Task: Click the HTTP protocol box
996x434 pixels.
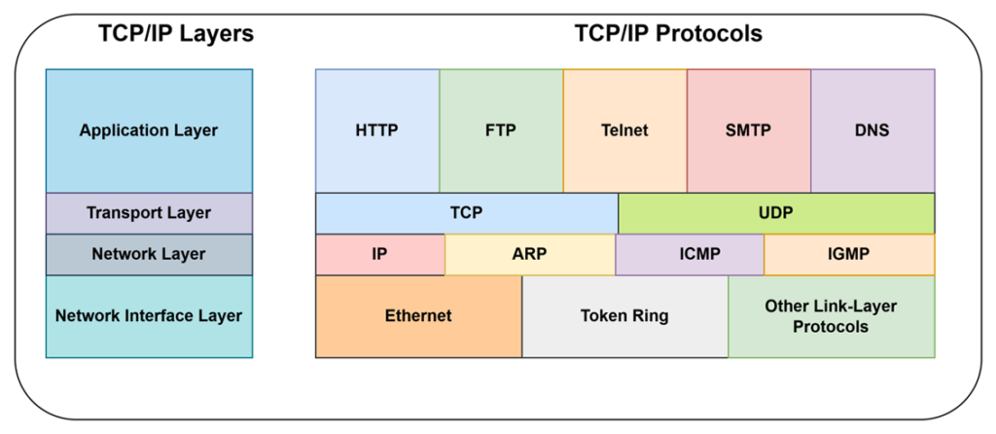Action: click(x=377, y=131)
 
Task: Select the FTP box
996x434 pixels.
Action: click(x=501, y=131)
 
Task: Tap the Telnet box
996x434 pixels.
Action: click(x=625, y=131)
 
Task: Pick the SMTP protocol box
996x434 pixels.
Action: click(x=749, y=131)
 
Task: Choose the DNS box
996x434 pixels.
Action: click(x=872, y=131)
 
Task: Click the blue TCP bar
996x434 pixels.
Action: click(x=467, y=213)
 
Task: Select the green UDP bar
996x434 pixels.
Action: click(x=776, y=213)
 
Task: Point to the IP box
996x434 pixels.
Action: click(x=380, y=254)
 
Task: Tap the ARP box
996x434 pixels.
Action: click(x=530, y=254)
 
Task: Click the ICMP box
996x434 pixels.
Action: click(x=690, y=254)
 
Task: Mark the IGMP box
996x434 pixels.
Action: click(x=849, y=254)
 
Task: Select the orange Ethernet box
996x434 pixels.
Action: click(x=418, y=316)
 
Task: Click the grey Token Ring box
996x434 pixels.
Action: click(x=625, y=316)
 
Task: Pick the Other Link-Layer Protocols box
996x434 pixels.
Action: click(x=832, y=316)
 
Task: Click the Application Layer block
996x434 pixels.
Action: click(x=149, y=131)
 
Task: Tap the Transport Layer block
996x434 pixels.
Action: click(x=149, y=213)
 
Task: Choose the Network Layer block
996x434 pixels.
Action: click(x=149, y=254)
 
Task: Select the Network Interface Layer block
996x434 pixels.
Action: click(x=149, y=316)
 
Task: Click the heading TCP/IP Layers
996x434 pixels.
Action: click(x=176, y=34)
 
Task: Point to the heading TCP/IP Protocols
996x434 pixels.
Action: click(x=668, y=34)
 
